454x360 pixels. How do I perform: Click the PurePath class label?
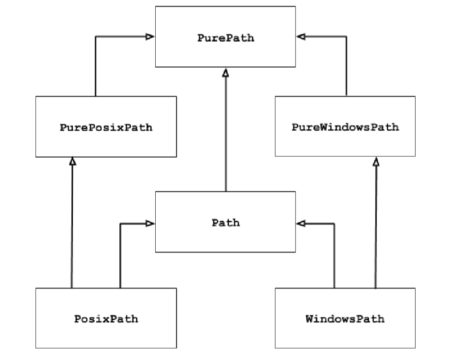pos(226,38)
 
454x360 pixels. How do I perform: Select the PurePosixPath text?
pos(106,127)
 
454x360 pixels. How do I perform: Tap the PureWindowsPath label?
pos(345,127)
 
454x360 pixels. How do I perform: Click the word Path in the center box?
pos(226,223)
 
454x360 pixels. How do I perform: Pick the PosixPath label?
pos(106,319)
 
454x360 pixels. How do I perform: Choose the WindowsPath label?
pos(345,319)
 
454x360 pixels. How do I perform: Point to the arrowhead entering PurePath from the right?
pos(301,36)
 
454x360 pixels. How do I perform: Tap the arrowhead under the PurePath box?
pos(226,72)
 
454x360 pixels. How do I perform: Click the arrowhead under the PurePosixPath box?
pos(72,162)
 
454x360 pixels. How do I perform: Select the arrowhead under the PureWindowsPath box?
pos(376,162)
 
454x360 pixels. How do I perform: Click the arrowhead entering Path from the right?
pos(301,223)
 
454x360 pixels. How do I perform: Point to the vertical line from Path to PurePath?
pos(226,133)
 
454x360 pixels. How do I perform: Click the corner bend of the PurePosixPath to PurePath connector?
pos(96,36)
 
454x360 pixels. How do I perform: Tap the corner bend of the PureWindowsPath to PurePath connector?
pos(346,36)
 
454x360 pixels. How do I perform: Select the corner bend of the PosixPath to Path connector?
pos(120,223)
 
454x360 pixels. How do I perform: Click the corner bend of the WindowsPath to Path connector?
pos(334,223)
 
